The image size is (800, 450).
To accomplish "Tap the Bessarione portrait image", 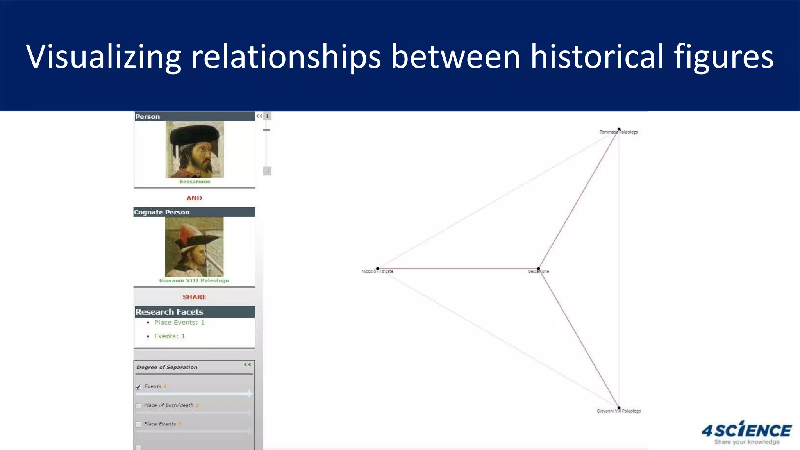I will click(x=195, y=150).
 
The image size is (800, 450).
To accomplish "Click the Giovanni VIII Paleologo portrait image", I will click(x=194, y=247).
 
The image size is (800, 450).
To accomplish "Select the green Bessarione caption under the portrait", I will click(x=195, y=182).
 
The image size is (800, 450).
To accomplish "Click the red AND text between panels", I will click(x=194, y=198).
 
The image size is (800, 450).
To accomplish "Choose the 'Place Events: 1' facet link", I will click(x=179, y=323).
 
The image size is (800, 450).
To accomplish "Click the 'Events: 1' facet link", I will click(x=169, y=336).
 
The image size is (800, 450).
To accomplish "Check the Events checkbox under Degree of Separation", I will click(x=138, y=387).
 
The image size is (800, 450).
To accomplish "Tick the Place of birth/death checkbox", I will click(x=138, y=406).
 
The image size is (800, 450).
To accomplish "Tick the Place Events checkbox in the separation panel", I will click(x=138, y=424).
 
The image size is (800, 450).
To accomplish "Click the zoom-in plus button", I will click(x=267, y=116).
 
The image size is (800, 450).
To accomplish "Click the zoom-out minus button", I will click(x=267, y=171).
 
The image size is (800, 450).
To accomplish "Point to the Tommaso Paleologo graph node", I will click(x=619, y=129).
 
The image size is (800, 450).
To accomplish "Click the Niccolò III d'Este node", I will click(x=377, y=269).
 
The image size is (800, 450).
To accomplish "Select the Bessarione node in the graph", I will click(x=538, y=269).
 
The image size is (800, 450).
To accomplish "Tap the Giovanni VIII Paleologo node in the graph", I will click(x=619, y=408).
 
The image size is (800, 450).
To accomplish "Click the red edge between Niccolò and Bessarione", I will click(x=457, y=269).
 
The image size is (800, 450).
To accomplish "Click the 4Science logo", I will click(x=746, y=432).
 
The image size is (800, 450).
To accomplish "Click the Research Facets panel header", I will click(x=194, y=312).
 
